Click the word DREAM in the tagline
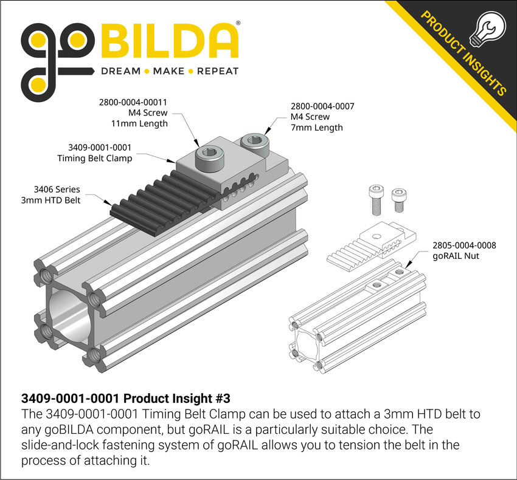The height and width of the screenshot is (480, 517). click(120, 71)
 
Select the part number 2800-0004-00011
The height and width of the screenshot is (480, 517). click(133, 102)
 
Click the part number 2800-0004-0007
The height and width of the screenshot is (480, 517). click(322, 106)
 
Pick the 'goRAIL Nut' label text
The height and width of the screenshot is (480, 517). click(456, 256)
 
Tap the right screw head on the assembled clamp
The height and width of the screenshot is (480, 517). click(254, 144)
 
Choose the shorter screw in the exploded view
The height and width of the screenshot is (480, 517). click(399, 198)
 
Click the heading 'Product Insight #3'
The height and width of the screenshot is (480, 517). click(176, 399)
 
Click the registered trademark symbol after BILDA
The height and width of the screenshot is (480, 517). click(237, 23)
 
